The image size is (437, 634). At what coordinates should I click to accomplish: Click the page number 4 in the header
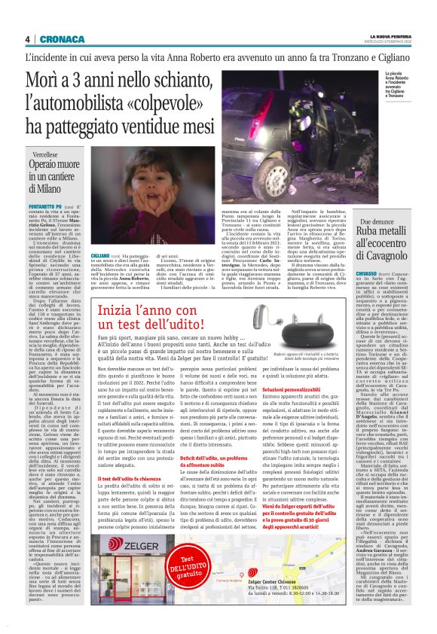pos(27,39)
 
